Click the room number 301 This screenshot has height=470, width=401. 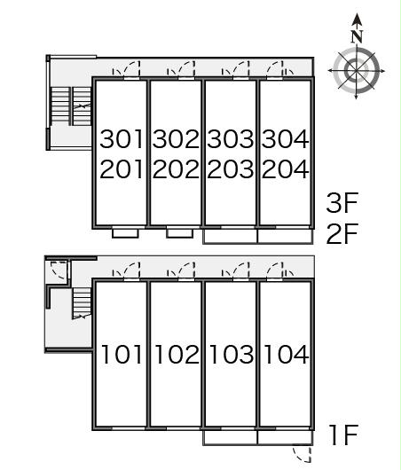(122, 139)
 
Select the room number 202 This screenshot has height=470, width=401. (176, 169)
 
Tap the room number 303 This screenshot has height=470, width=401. (231, 139)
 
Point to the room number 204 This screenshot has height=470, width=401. (286, 169)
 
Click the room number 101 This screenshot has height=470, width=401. (122, 355)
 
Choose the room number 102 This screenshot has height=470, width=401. (177, 355)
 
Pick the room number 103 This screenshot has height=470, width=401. (232, 355)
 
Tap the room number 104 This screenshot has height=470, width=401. (287, 355)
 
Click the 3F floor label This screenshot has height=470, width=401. (342, 203)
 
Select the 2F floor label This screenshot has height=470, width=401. (342, 233)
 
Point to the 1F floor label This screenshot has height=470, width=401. (343, 435)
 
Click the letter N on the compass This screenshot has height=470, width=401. (357, 36)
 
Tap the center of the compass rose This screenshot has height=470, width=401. (356, 71)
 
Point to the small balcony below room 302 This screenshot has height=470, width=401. (180, 233)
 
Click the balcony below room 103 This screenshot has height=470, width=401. (230, 438)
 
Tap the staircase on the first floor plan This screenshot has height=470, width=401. (82, 303)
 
